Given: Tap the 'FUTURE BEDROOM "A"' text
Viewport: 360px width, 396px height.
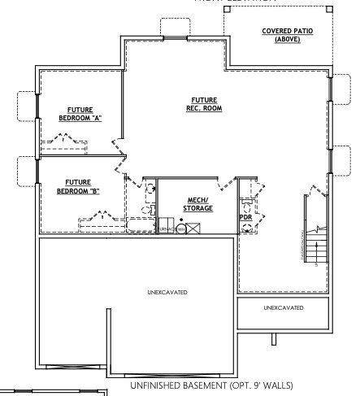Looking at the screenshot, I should [80, 114].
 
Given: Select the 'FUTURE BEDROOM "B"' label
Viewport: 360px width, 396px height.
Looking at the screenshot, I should [78, 186].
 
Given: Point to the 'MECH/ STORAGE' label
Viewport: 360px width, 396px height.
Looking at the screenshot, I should [198, 204].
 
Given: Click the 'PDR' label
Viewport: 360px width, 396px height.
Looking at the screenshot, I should [245, 218].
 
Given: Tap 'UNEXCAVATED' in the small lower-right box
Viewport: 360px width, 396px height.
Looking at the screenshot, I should [284, 308].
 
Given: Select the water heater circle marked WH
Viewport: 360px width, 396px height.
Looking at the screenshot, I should [182, 229].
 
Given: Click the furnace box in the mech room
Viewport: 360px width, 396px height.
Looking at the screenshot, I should [166, 227].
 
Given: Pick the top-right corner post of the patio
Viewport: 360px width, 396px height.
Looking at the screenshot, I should [328, 9].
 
